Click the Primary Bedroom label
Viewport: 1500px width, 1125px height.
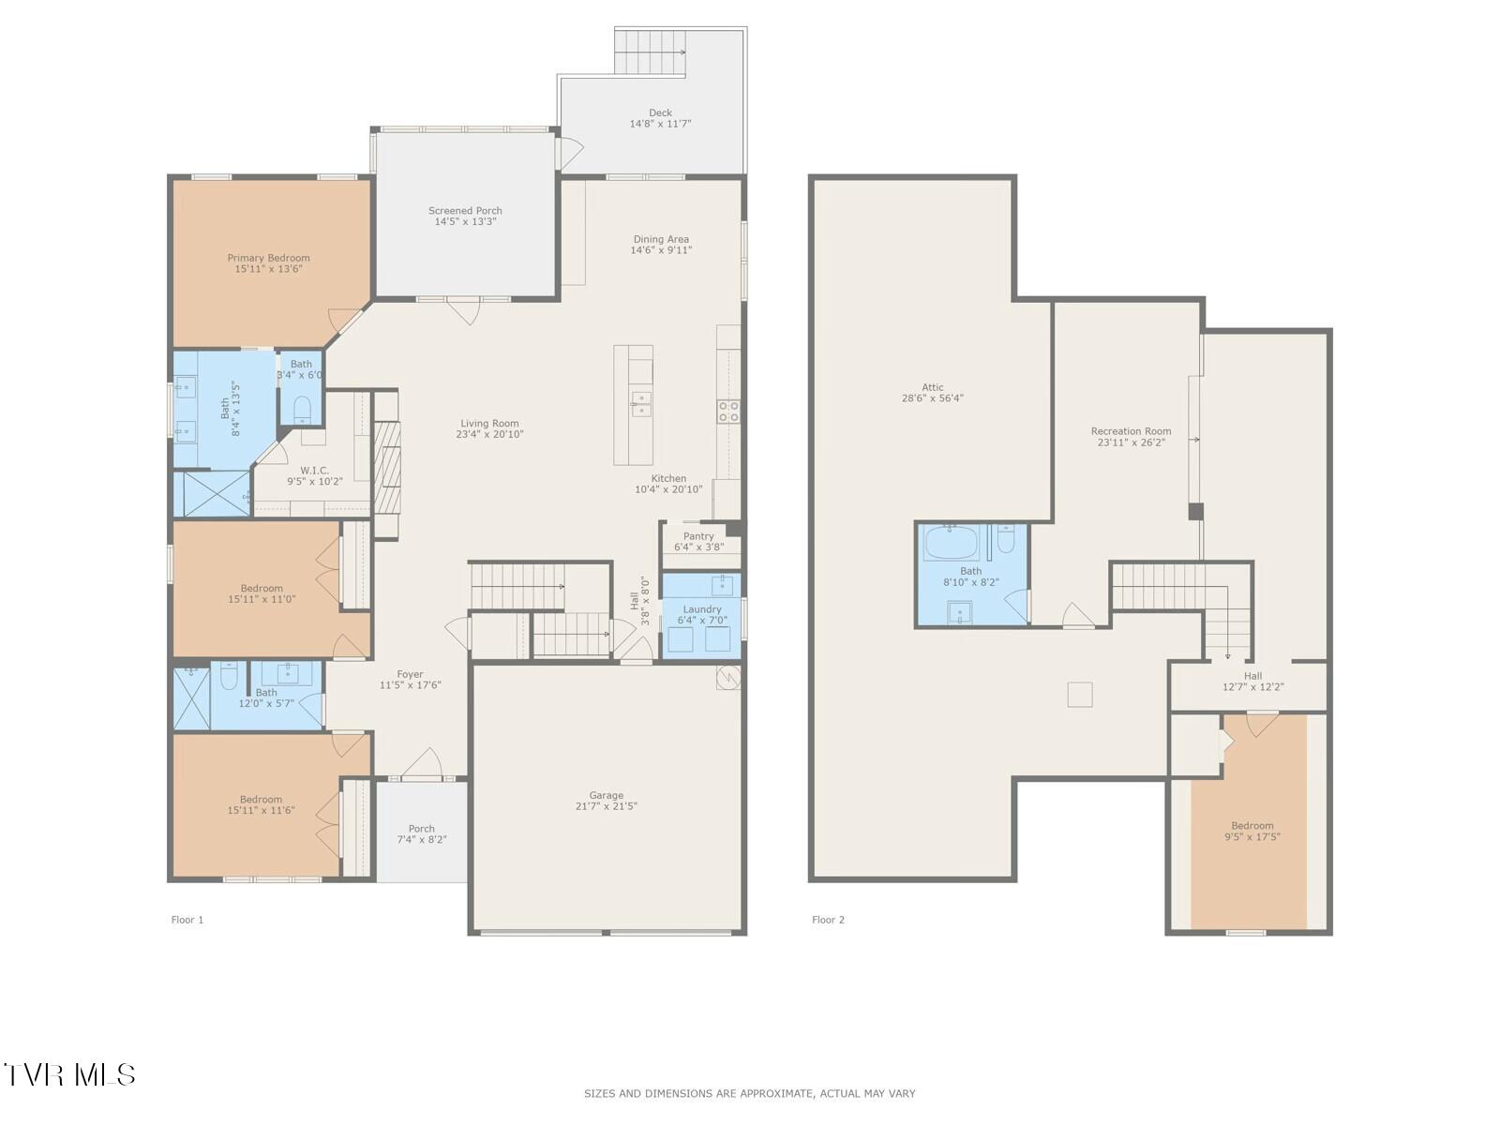point(268,258)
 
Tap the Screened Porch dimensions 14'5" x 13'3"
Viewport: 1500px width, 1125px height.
point(465,222)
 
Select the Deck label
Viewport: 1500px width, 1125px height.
point(660,112)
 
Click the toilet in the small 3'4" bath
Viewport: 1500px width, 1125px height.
point(302,409)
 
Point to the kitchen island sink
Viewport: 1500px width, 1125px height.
point(641,403)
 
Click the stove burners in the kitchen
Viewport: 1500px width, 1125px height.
point(728,412)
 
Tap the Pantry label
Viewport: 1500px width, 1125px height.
point(698,536)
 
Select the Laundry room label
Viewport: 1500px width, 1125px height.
point(702,609)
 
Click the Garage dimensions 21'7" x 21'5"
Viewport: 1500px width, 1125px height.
point(606,806)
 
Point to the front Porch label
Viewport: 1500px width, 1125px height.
point(422,829)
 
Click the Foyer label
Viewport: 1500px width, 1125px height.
point(410,674)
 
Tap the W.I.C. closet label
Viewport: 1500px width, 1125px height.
point(314,471)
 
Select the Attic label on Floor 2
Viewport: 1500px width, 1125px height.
point(932,387)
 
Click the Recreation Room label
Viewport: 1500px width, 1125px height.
point(1131,431)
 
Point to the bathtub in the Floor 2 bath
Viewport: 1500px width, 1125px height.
point(951,543)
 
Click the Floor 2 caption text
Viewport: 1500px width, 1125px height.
point(828,920)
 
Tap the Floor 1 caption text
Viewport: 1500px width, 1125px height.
point(187,920)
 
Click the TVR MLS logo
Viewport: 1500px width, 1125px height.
point(69,1074)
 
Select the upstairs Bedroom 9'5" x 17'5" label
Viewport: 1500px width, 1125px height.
point(1252,826)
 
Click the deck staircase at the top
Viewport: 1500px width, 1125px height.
point(651,51)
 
